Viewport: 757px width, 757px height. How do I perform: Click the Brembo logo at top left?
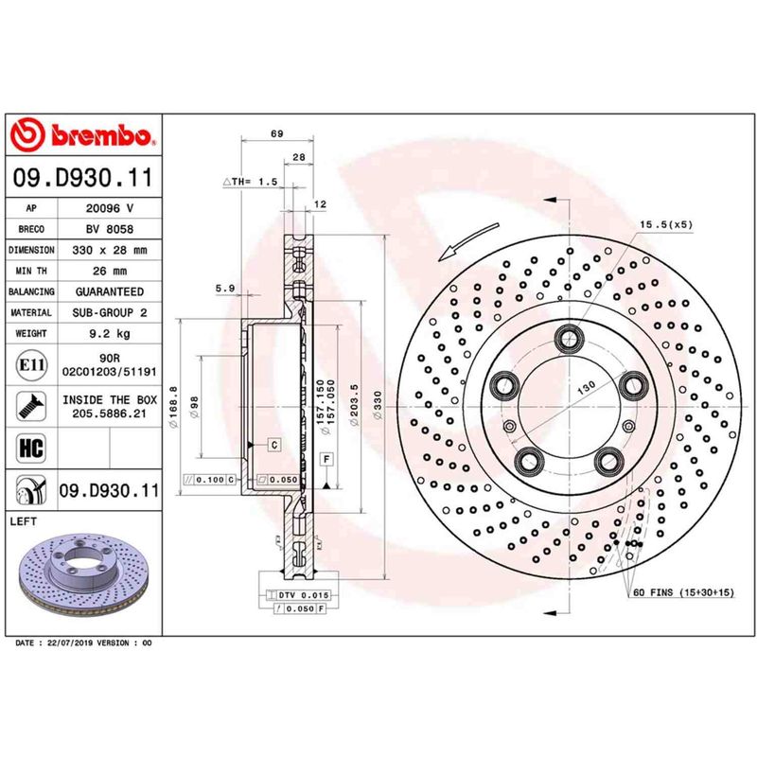pyautogui.click(x=79, y=137)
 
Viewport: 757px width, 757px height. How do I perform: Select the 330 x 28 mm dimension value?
pyautogui.click(x=116, y=250)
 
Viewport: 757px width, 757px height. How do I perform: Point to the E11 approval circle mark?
pyautogui.click(x=27, y=364)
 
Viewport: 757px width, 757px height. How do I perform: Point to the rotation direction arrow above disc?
pyautogui.click(x=468, y=239)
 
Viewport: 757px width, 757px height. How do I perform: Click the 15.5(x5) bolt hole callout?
pyautogui.click(x=667, y=224)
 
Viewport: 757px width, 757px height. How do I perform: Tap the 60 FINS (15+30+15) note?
pyautogui.click(x=680, y=592)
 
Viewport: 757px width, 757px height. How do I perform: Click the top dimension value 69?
pyautogui.click(x=277, y=134)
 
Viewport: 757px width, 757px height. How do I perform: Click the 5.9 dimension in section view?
pyautogui.click(x=224, y=288)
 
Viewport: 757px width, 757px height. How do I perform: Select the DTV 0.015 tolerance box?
pyautogui.click(x=299, y=592)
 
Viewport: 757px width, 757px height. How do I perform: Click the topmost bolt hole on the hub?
pyautogui.click(x=569, y=336)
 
